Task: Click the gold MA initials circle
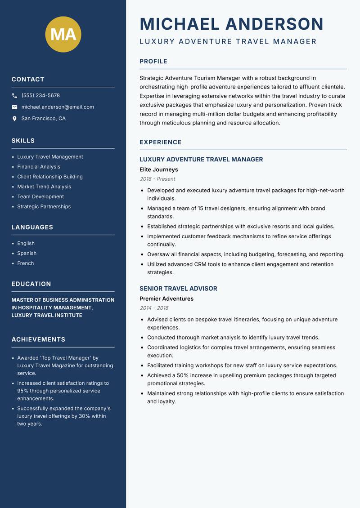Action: click(x=63, y=34)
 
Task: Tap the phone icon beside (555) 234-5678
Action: click(x=14, y=96)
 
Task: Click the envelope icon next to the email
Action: click(x=14, y=107)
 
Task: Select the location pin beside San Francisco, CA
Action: click(x=14, y=119)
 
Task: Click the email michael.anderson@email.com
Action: click(x=58, y=107)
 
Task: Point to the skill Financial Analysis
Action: click(x=39, y=167)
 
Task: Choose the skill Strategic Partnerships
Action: click(x=44, y=207)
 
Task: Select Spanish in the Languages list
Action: click(x=27, y=254)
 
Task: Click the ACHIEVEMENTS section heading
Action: click(x=38, y=339)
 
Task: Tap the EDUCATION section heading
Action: click(x=31, y=284)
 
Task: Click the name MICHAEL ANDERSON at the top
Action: click(x=232, y=24)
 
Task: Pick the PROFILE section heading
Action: click(x=153, y=62)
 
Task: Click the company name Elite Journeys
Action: click(x=159, y=170)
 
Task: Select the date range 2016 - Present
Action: click(x=157, y=179)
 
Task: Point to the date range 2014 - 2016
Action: click(x=154, y=308)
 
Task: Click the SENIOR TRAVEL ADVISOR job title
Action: click(x=178, y=289)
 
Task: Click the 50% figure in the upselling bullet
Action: click(x=186, y=375)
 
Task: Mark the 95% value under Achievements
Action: click(x=23, y=391)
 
